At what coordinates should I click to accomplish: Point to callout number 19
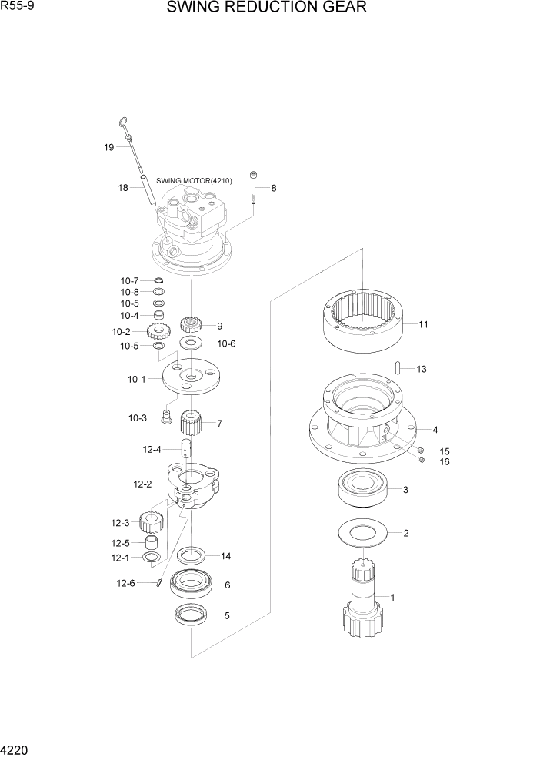[109, 147]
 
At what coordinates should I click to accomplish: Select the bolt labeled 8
[253, 189]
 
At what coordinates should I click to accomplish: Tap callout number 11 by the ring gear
[423, 325]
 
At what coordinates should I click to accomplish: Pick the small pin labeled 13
[398, 369]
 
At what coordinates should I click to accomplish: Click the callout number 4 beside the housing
[435, 430]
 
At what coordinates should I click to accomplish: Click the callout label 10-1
[136, 379]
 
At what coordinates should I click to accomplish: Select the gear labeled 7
[191, 423]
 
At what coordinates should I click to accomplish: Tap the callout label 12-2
[143, 484]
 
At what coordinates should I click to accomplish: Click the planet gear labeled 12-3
[152, 523]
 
